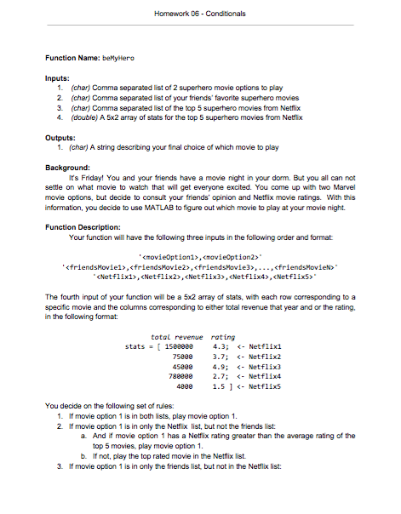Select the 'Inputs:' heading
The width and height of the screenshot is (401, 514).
point(59,77)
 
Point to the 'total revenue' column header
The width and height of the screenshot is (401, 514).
point(175,336)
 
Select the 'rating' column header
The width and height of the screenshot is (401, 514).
point(222,336)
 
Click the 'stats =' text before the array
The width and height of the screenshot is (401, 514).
point(140,346)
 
